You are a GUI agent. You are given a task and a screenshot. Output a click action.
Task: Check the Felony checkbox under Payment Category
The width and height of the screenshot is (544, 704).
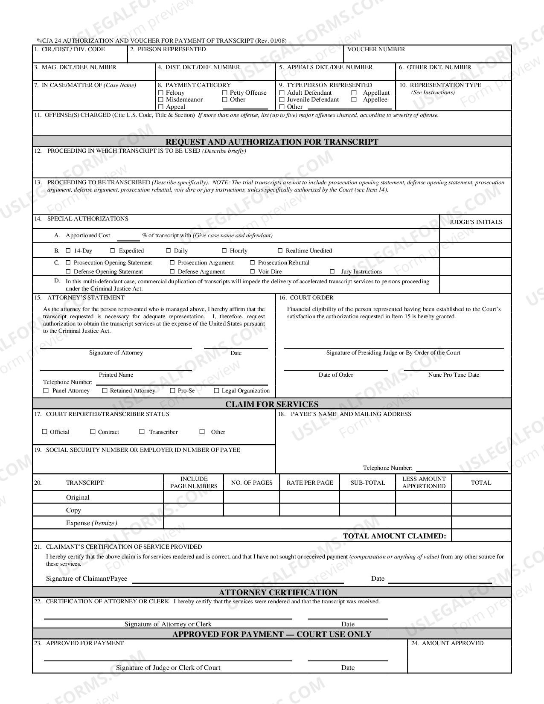coord(160,93)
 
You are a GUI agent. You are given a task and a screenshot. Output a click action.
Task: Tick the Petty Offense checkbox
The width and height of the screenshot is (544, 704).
coord(224,93)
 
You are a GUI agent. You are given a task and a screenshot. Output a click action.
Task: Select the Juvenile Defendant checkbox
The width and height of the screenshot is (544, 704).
coord(282,100)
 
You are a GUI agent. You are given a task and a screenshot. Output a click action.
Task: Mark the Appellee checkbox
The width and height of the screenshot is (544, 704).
coord(354,100)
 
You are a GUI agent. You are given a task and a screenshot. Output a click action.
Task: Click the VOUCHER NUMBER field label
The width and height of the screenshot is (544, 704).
coord(376,49)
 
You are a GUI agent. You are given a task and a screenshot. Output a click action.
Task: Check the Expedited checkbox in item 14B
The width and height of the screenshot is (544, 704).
coord(113,250)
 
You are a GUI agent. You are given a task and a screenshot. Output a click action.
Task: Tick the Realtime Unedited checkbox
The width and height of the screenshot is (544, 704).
coord(280,250)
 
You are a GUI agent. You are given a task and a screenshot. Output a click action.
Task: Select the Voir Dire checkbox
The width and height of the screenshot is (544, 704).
coord(253,271)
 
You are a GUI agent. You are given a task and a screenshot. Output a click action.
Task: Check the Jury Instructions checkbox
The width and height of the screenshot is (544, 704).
coord(332,271)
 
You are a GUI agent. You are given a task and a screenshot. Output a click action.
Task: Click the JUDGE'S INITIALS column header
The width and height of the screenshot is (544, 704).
coord(475,222)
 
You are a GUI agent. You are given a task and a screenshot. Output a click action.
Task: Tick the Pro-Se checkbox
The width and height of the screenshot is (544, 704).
coord(172,390)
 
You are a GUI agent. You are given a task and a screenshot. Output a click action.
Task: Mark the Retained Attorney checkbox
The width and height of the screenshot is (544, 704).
coord(105,390)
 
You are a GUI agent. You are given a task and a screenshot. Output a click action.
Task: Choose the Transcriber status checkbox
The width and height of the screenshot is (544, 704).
coord(142,432)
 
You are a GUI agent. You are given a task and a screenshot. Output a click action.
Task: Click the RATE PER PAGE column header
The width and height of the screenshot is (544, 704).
coord(310,483)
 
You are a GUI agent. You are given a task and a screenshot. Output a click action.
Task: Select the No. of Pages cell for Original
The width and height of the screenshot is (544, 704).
coord(251,497)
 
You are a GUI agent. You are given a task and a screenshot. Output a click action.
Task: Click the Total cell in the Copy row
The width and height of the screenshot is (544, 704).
coord(481,510)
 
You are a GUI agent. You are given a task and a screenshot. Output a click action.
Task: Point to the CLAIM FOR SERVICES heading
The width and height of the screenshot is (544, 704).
coord(272,404)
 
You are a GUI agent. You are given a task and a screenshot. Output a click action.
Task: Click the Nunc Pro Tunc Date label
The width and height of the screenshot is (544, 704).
coord(454,375)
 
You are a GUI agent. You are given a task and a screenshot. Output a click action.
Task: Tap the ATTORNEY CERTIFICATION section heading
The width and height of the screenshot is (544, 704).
coord(278,592)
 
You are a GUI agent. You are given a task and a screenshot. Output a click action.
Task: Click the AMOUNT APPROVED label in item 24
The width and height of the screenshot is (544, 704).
coord(452,643)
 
